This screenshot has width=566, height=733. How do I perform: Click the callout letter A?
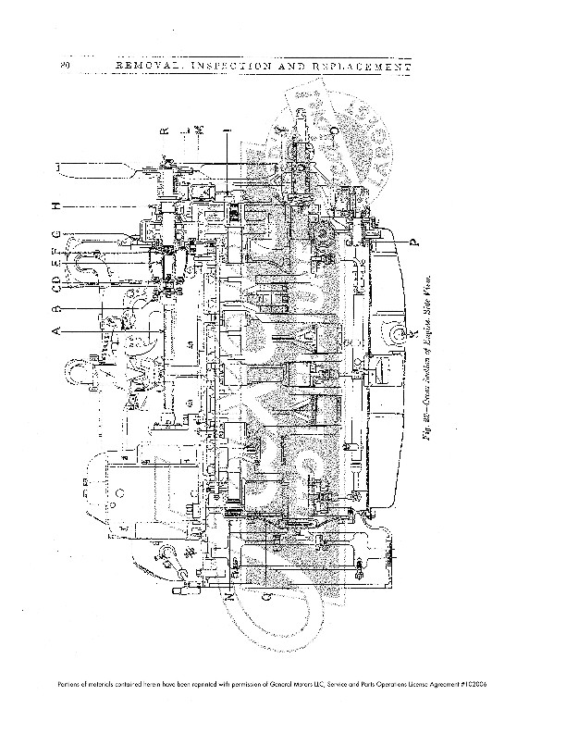[x=56, y=329]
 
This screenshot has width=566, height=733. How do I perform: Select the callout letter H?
[x=56, y=205]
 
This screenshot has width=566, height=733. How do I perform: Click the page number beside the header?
[x=64, y=68]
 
